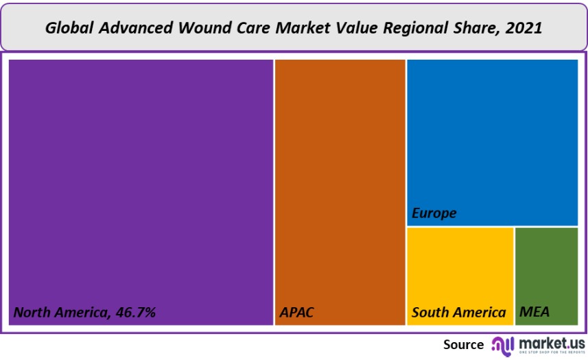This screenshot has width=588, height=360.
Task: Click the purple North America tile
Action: coord(141,185)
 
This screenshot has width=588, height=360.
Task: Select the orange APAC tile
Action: coord(340,185)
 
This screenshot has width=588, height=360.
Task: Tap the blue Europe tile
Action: coord(492,137)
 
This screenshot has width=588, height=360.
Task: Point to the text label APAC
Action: coord(296,313)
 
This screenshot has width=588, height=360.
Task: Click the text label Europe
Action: coord(434,213)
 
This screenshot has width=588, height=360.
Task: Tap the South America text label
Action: coord(458,313)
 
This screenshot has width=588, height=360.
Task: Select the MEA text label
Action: coord(534,313)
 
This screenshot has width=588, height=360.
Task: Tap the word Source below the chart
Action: coord(463,344)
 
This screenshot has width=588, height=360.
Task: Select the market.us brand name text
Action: coord(552,342)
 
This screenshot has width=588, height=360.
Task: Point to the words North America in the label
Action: coord(60,313)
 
